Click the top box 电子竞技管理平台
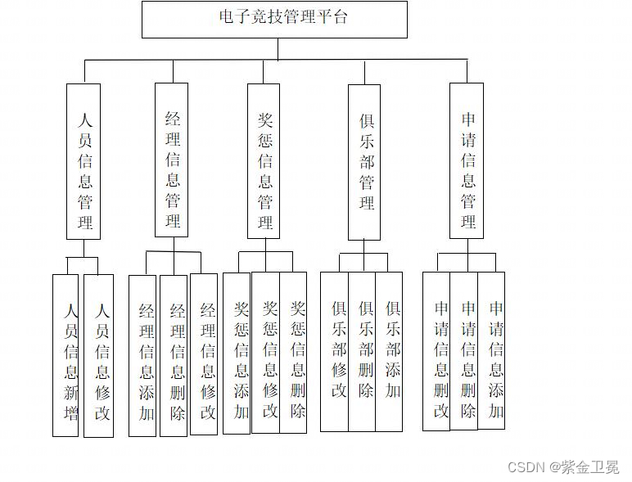coord(274,19)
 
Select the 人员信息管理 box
coord(84,161)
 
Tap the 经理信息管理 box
coord(171,160)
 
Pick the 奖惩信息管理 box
coord(264,161)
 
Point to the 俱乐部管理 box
coord(364,162)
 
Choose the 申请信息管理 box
coord(467,161)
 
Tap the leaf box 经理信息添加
coord(142,355)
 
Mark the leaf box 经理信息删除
coord(174,355)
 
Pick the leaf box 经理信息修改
coord(204,354)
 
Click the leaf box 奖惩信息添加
coord(237,353)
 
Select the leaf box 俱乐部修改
coord(334,351)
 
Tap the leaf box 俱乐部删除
coord(362,351)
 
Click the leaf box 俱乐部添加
coord(390,351)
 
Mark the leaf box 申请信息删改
coord(436,351)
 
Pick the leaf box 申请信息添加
coord(492,350)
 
